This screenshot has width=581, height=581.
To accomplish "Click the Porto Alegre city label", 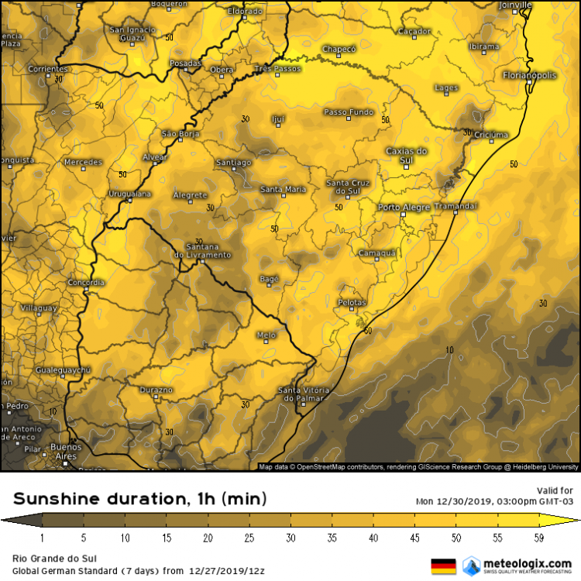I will click(x=404, y=208).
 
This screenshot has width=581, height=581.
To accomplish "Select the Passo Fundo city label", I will click(x=348, y=112).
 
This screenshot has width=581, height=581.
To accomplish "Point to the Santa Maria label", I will click(x=283, y=189).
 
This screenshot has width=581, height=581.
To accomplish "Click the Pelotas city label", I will click(x=352, y=301).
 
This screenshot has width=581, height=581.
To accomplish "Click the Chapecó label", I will click(x=339, y=49).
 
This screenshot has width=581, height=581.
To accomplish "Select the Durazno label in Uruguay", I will click(x=156, y=390).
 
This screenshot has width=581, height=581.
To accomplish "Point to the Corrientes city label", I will click(x=48, y=69).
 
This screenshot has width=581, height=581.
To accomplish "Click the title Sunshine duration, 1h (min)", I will click(x=140, y=498).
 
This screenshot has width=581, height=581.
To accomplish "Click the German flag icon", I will click(x=443, y=566).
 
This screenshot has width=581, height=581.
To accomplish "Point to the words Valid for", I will click(x=555, y=490).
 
